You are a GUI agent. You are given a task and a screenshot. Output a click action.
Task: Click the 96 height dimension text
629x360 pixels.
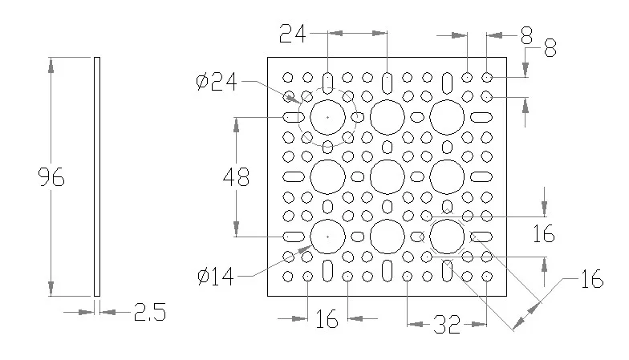pos(51,176)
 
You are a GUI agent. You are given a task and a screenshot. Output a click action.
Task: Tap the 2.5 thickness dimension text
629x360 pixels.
pos(149,312)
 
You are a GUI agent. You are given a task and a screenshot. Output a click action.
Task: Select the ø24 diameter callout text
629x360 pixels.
pos(217,82)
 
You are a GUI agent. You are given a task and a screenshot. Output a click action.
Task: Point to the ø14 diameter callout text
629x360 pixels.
pos(215,276)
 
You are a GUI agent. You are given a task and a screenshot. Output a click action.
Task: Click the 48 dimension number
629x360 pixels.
pos(236,176)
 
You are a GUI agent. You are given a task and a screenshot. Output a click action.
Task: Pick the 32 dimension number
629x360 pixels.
pos(447,324)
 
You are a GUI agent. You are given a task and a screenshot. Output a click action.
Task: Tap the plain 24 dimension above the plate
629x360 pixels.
pos(292,34)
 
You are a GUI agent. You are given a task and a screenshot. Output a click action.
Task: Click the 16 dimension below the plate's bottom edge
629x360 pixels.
pos(327,319)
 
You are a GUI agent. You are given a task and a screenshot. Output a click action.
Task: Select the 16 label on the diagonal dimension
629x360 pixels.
pos(592,279)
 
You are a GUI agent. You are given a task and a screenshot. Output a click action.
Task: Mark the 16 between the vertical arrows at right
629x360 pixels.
pos(544,233)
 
